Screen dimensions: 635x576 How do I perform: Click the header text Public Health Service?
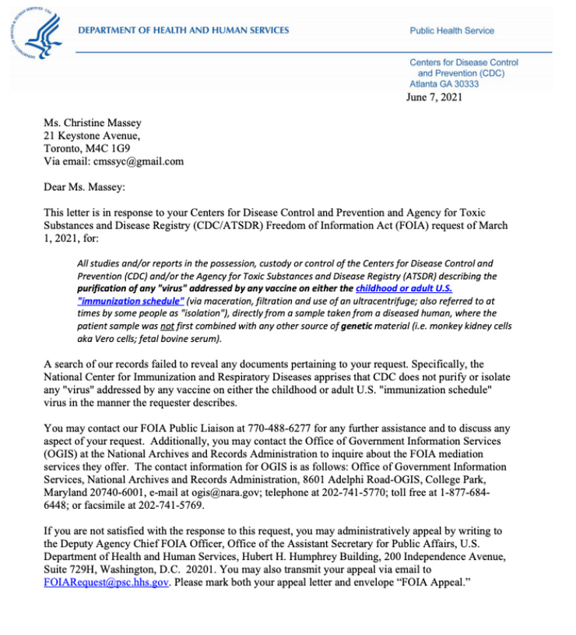(x=451, y=31)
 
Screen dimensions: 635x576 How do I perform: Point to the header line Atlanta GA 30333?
(x=444, y=83)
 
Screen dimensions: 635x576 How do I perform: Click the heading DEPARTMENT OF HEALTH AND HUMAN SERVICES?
(x=184, y=30)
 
